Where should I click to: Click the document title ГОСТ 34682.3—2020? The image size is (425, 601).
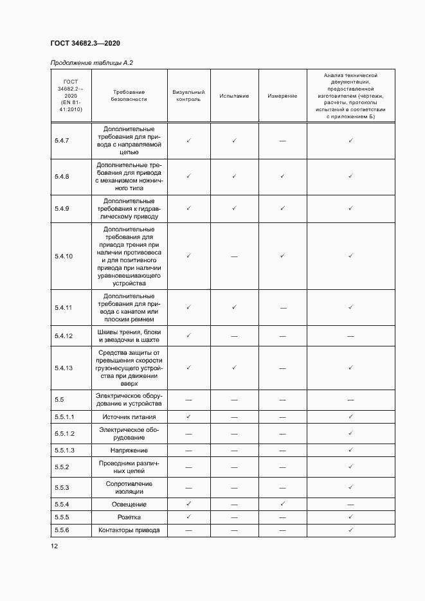(x=85, y=43)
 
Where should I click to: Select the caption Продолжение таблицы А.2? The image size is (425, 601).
(x=91, y=62)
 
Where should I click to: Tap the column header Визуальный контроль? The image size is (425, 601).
(x=188, y=96)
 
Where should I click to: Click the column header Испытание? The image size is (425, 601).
(x=234, y=96)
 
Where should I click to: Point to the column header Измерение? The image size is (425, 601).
(x=282, y=96)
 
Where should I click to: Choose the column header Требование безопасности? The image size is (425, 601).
(x=129, y=96)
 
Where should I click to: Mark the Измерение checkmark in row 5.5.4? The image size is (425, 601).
(x=282, y=504)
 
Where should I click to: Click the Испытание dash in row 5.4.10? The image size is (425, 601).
(x=234, y=256)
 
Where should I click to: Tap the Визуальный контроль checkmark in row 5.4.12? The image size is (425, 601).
(x=188, y=335)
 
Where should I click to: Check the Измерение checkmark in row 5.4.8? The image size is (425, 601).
(x=282, y=175)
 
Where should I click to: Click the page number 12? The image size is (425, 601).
(x=54, y=546)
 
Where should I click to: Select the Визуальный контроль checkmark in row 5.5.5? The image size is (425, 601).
(x=188, y=517)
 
